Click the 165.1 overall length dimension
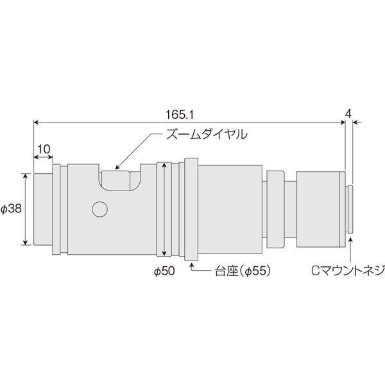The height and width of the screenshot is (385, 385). pyautogui.click(x=180, y=115)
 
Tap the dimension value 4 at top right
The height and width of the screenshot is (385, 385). pyautogui.click(x=348, y=114)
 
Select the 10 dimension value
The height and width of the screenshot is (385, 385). pyautogui.click(x=44, y=149)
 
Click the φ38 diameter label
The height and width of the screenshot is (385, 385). pyautogui.click(x=12, y=209)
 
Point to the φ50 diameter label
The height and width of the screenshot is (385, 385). pyautogui.click(x=164, y=271)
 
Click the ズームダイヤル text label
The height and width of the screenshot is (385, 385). pyautogui.click(x=207, y=134)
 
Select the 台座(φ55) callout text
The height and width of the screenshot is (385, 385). pyautogui.click(x=243, y=271)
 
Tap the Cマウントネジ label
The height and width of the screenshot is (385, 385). pyautogui.click(x=348, y=271)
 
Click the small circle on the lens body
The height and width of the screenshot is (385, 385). pyautogui.click(x=99, y=209)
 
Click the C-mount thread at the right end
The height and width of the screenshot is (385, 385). pyautogui.click(x=349, y=209)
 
